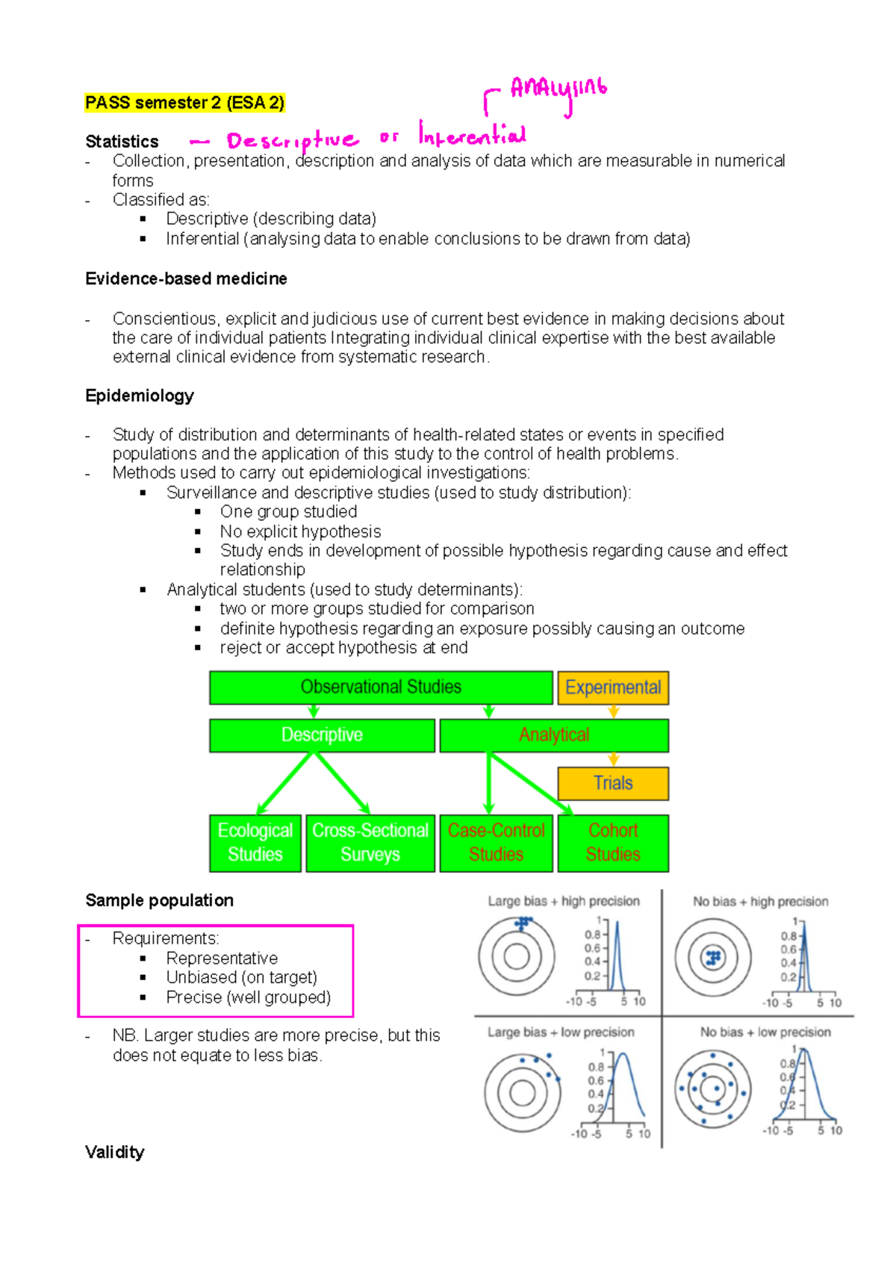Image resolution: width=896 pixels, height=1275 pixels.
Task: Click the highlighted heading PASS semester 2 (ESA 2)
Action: pyautogui.click(x=184, y=103)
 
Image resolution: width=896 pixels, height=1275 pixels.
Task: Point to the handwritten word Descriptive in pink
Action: pyautogui.click(x=292, y=141)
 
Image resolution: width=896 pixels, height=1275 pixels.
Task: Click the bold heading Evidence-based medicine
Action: pyautogui.click(x=186, y=279)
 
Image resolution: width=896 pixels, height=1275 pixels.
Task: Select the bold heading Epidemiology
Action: pyautogui.click(x=140, y=396)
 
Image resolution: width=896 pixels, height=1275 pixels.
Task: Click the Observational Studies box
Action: pyautogui.click(x=381, y=688)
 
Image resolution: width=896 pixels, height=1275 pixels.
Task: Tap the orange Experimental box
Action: pyautogui.click(x=612, y=688)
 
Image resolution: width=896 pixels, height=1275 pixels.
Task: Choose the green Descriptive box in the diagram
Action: pyautogui.click(x=322, y=735)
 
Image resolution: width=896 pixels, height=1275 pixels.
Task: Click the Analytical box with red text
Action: pyautogui.click(x=554, y=735)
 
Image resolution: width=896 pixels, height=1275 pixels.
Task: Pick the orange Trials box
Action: pyautogui.click(x=612, y=783)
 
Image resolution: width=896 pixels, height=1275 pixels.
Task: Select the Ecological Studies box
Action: pyautogui.click(x=255, y=843)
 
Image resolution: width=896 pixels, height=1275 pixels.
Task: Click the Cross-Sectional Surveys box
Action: pyautogui.click(x=370, y=843)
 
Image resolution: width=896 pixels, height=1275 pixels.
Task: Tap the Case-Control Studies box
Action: pyautogui.click(x=496, y=843)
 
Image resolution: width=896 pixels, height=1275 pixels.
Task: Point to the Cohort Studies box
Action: pyautogui.click(x=612, y=843)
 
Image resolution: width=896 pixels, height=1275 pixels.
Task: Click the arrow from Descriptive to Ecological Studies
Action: pyautogui.click(x=284, y=783)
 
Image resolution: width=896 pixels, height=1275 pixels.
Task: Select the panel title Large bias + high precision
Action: pyautogui.click(x=564, y=901)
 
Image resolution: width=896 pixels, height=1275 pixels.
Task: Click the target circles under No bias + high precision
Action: pyautogui.click(x=713, y=958)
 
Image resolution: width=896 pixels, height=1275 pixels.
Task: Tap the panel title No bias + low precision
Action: pyautogui.click(x=765, y=1032)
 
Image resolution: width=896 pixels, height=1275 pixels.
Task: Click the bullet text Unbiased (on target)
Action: pyautogui.click(x=241, y=978)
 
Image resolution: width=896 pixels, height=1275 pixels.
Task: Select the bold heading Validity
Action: pyautogui.click(x=115, y=1153)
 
